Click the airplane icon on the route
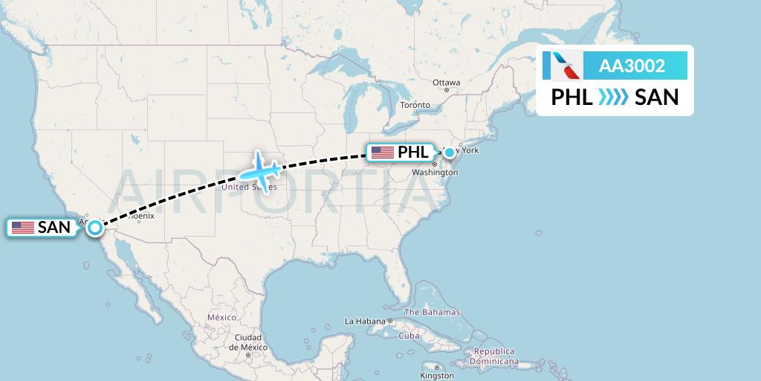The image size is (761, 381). pyautogui.click(x=259, y=171)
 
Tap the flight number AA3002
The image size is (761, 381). pyautogui.click(x=632, y=66)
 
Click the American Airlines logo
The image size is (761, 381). pyautogui.click(x=562, y=66)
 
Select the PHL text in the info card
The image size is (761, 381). pyautogui.click(x=571, y=97)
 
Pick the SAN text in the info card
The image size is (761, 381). pyautogui.click(x=657, y=97)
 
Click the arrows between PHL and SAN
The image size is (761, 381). pyautogui.click(x=614, y=97)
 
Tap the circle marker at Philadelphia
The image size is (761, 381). pyautogui.click(x=449, y=153)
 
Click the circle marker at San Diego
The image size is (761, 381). pyautogui.click(x=95, y=228)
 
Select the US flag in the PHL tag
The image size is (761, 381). pyautogui.click(x=382, y=153)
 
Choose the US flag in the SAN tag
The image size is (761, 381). pyautogui.click(x=23, y=228)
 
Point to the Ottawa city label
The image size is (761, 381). pyautogui.click(x=447, y=83)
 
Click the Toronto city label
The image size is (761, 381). pyautogui.click(x=415, y=105)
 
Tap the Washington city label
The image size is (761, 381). pyautogui.click(x=435, y=172)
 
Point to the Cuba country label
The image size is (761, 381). pyautogui.click(x=409, y=336)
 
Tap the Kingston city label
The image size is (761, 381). pyautogui.click(x=438, y=376)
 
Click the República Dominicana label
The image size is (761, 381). pyautogui.click(x=496, y=356)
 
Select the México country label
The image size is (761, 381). pyautogui.click(x=221, y=317)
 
